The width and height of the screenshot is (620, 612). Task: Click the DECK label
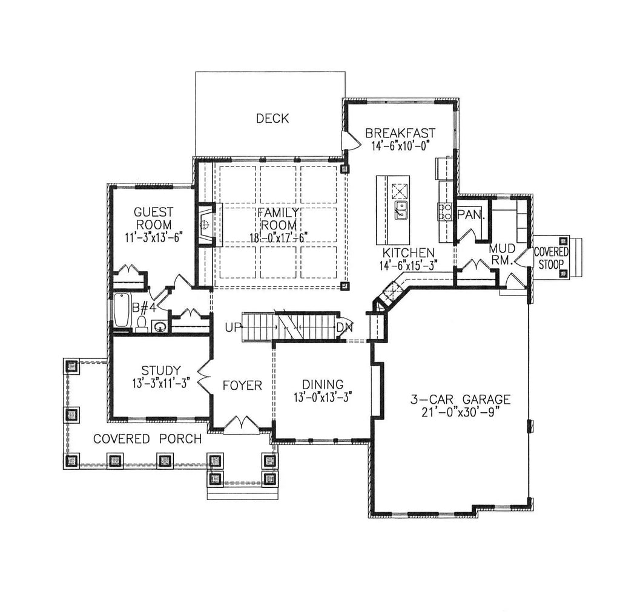(x=272, y=118)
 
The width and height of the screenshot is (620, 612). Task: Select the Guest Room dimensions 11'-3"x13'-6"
(x=153, y=237)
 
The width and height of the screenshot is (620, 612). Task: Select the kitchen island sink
(x=401, y=209)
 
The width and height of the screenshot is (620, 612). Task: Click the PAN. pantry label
(x=469, y=214)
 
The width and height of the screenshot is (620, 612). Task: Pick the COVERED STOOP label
(x=550, y=257)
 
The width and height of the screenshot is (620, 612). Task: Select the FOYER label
(x=242, y=386)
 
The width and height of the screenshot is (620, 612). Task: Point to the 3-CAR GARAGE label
(x=461, y=400)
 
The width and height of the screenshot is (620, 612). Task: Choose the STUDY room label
(x=160, y=370)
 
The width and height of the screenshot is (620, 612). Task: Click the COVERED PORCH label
(x=147, y=438)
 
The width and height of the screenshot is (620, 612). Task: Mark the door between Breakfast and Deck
(x=348, y=141)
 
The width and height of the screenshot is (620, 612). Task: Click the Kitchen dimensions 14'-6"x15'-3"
(x=407, y=265)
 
